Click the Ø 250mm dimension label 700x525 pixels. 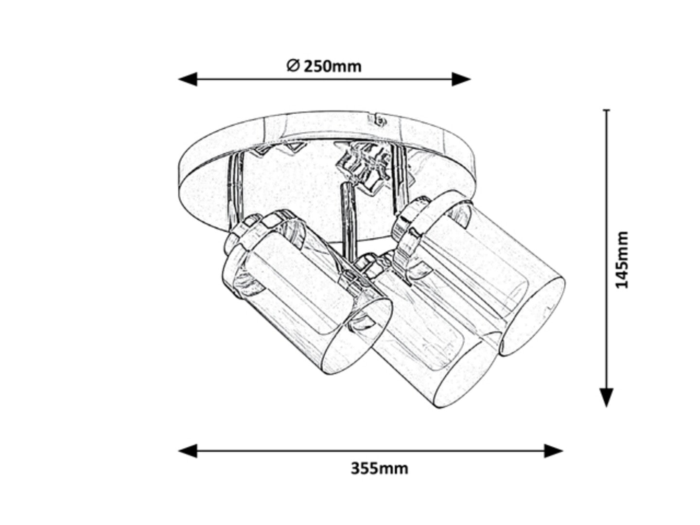pos(324,66)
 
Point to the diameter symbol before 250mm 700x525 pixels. pos(293,66)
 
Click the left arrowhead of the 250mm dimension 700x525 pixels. pos(188,79)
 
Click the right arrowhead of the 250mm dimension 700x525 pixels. pos(461,79)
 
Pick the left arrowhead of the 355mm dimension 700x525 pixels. pos(188,451)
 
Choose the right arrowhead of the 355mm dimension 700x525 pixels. pos(553,451)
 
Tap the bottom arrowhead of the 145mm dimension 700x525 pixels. pos(606,398)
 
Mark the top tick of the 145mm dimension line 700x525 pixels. pos(606,110)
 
